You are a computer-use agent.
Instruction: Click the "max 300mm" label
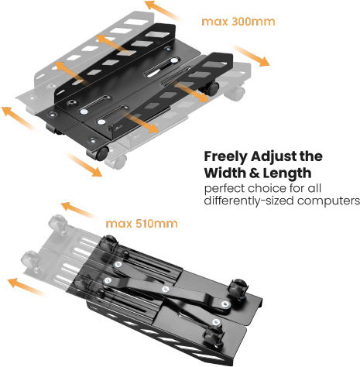point(238,22)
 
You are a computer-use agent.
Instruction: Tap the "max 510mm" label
point(142,224)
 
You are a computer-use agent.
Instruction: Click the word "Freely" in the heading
point(225,157)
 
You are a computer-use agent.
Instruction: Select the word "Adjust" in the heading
point(273,157)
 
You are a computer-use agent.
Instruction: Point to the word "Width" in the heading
point(225,173)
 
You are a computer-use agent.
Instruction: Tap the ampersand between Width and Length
point(254,173)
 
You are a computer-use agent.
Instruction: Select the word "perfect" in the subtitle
point(225,189)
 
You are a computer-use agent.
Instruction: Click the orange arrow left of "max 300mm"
point(163,11)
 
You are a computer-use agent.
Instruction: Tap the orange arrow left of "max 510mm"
point(77,210)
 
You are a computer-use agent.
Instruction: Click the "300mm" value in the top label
point(253,22)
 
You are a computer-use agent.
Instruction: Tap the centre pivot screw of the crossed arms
point(166,290)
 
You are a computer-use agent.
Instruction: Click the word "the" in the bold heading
point(311,156)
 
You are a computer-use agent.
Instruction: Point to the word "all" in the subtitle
point(314,188)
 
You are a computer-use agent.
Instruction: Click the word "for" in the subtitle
point(297,188)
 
